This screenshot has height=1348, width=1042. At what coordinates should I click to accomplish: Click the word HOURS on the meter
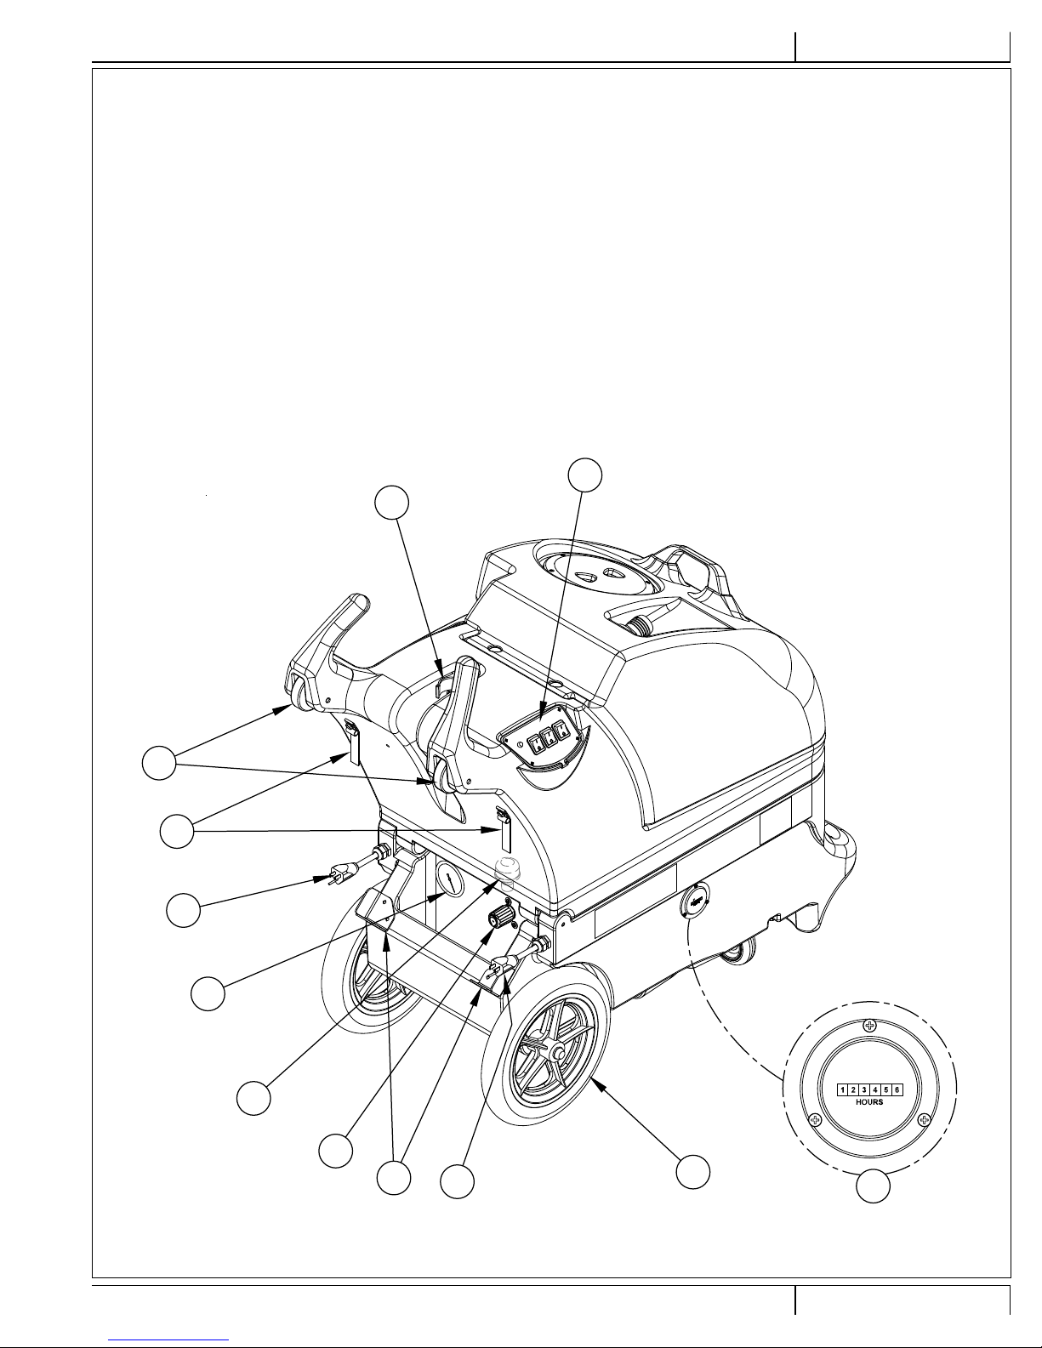point(869,1101)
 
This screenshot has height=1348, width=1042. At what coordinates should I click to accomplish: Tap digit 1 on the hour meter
point(843,1089)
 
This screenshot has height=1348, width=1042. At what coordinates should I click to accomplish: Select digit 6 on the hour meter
point(897,1089)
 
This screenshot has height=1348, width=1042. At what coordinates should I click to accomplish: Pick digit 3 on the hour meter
point(864,1089)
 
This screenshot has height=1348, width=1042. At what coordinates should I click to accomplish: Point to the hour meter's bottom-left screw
point(816,1119)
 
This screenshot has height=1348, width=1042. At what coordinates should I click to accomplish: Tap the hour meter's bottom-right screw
point(925,1119)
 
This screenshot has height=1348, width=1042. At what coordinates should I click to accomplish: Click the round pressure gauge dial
point(450,879)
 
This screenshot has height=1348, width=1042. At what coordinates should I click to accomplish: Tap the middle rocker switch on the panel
point(549,737)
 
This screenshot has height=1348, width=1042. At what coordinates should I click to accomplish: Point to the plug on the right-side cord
point(502,964)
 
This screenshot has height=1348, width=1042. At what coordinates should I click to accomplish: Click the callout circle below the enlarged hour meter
point(874,1186)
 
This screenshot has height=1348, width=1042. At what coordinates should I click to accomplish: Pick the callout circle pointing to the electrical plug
point(184,910)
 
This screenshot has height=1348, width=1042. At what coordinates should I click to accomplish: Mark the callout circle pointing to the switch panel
point(585,475)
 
